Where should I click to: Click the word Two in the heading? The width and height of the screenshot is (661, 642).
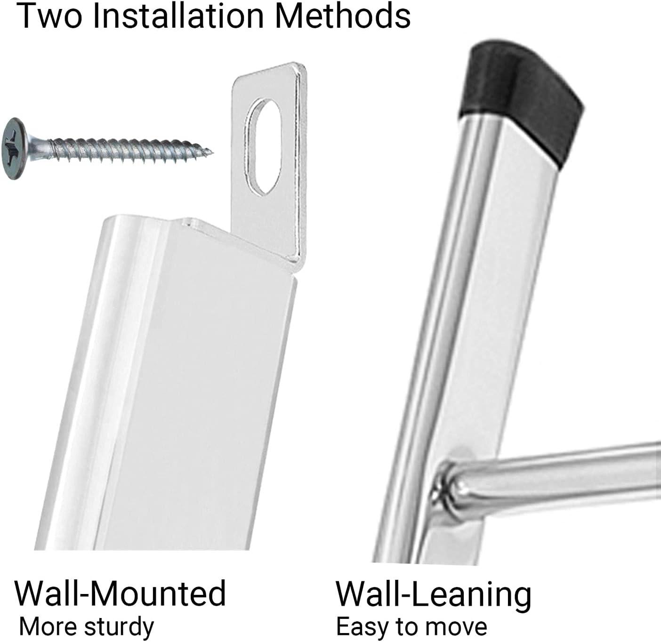click(x=49, y=16)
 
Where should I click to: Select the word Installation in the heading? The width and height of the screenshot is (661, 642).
click(x=178, y=16)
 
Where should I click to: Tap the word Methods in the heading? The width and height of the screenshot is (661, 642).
click(x=342, y=16)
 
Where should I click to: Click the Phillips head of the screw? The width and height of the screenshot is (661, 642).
click(x=14, y=148)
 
